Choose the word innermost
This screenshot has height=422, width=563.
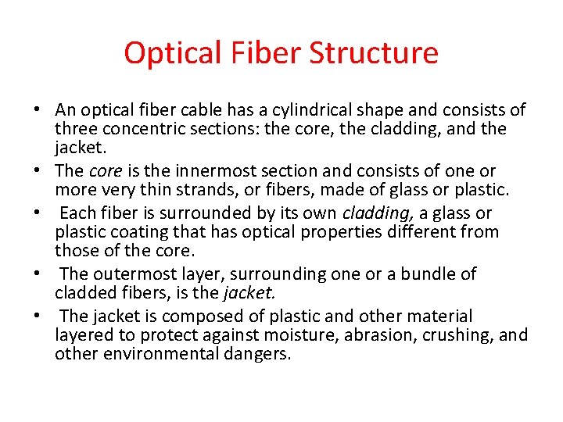(211, 171)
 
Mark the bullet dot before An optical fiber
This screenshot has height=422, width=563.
(38, 111)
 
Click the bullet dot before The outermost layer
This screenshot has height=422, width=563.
(38, 275)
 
